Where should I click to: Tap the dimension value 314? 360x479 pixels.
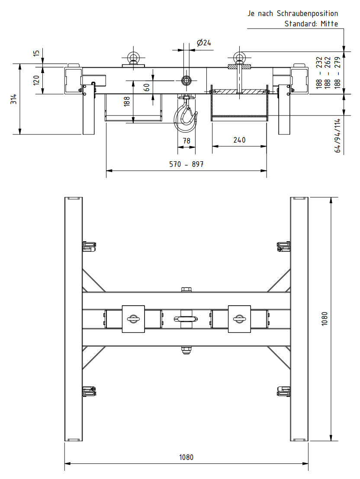click(x=14, y=99)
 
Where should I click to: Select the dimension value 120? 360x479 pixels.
click(x=36, y=80)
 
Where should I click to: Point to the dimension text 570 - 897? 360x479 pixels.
click(x=186, y=164)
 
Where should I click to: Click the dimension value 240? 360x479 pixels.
click(x=239, y=140)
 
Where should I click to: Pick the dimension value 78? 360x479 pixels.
click(x=186, y=141)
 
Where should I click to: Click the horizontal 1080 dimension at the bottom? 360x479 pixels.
click(x=186, y=457)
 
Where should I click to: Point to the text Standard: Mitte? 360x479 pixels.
click(x=311, y=24)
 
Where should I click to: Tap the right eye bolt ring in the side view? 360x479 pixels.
click(x=239, y=57)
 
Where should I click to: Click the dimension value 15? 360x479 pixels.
click(x=36, y=53)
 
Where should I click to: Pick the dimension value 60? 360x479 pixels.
click(x=147, y=87)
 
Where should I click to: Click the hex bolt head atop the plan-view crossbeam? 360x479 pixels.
click(x=186, y=289)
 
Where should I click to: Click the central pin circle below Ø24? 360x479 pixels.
click(x=186, y=80)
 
